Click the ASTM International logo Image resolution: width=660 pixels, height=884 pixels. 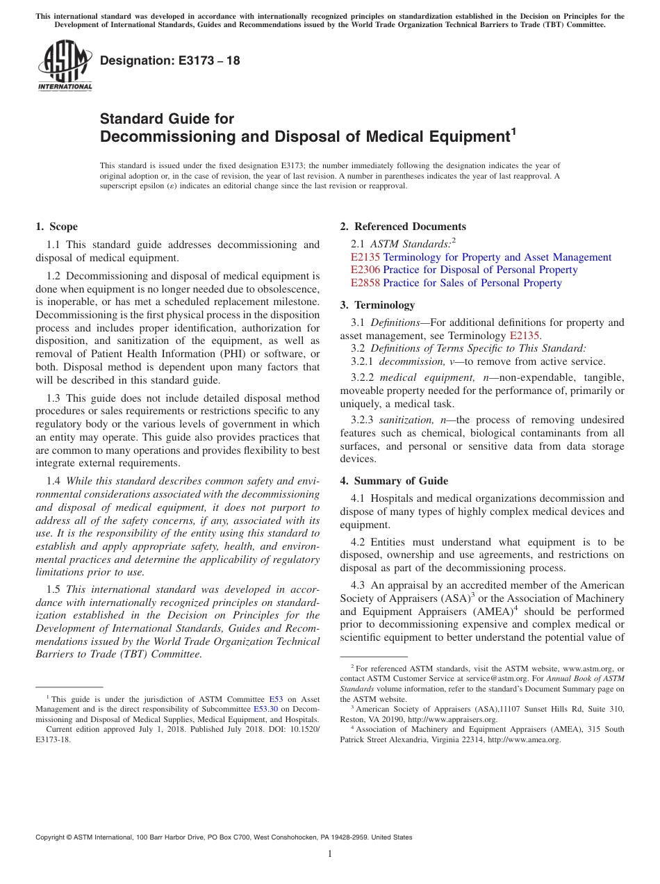tap(65, 65)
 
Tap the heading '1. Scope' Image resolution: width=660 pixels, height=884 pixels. tap(57, 227)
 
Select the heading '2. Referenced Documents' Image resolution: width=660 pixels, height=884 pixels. tap(403, 227)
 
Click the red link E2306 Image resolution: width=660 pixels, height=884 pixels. tap(365, 270)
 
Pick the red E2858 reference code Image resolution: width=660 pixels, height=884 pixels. tap(365, 283)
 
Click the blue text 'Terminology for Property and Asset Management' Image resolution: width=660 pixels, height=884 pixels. tap(497, 257)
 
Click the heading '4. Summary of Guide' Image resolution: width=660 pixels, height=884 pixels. tap(394, 481)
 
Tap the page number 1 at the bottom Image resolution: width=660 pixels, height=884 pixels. tap(330, 854)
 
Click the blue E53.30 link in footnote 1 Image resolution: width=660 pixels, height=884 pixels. tap(267, 710)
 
